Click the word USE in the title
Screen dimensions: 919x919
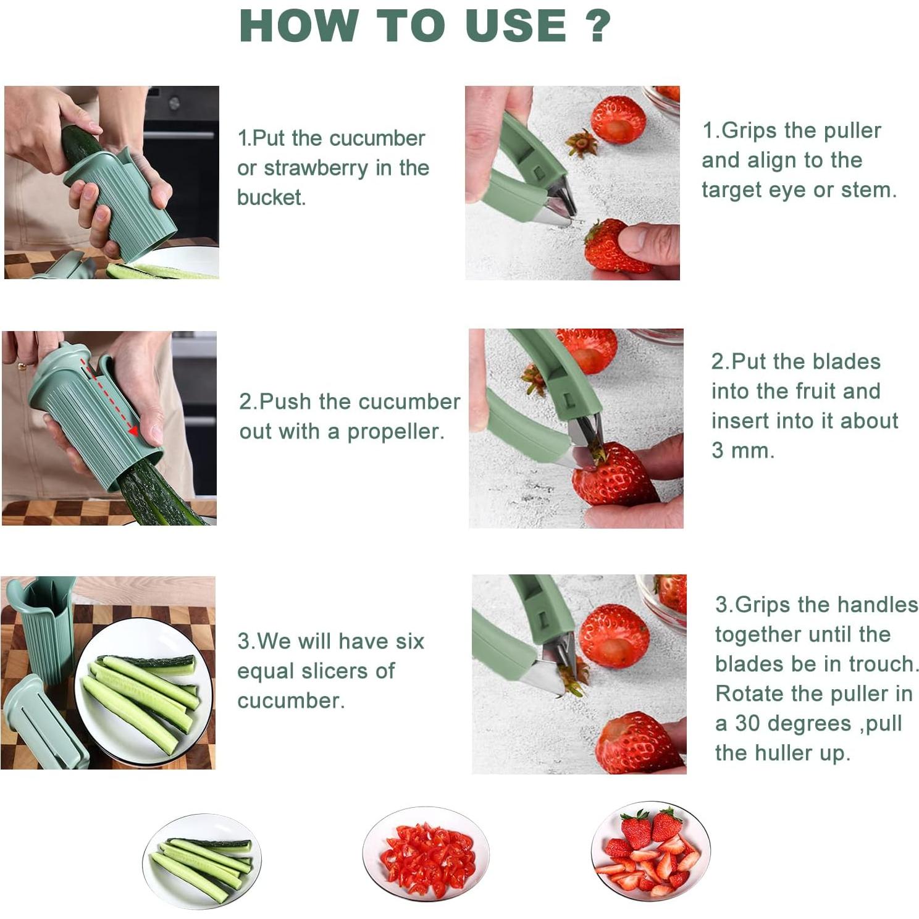[516, 26]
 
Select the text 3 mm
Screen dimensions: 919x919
[742, 451]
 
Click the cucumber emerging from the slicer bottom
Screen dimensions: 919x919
[157, 494]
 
